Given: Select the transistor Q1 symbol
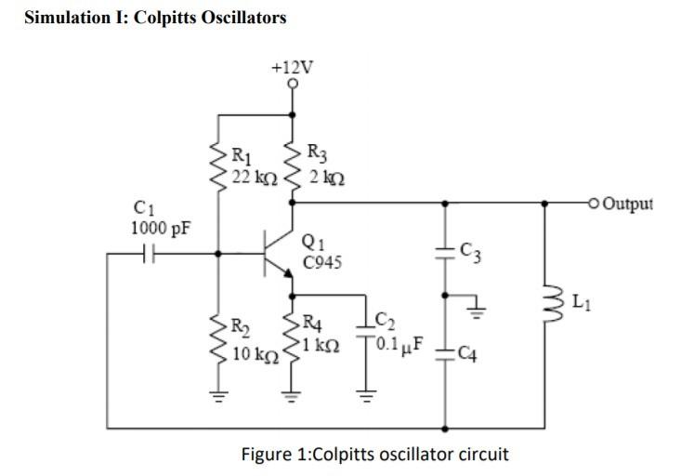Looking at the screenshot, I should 278,252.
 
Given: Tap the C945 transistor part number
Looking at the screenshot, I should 321,262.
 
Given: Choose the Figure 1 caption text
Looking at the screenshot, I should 374,455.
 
